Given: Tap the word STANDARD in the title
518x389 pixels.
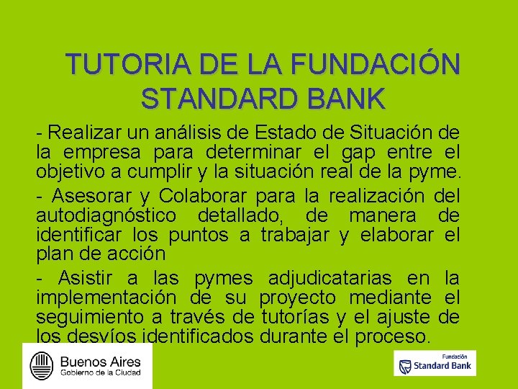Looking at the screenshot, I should click(x=217, y=99).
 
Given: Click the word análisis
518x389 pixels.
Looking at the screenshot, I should click(x=181, y=133).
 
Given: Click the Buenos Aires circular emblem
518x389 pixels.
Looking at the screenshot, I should click(x=42, y=365).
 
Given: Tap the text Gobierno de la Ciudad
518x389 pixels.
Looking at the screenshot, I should click(x=100, y=373).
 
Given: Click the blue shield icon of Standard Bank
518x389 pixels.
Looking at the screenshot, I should click(x=406, y=366).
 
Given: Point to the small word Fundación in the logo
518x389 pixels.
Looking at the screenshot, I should click(x=455, y=355).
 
